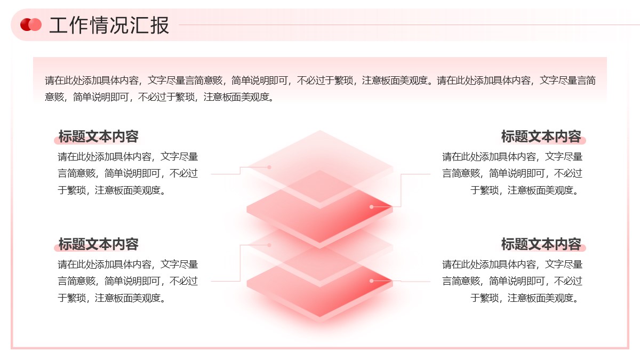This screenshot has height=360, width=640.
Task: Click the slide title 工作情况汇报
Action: click(109, 25)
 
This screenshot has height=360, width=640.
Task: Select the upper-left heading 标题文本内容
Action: click(99, 137)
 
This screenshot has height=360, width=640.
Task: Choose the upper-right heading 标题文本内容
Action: click(541, 137)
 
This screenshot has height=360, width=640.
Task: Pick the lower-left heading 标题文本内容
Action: click(99, 244)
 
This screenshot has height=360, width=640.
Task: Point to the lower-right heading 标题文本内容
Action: click(541, 244)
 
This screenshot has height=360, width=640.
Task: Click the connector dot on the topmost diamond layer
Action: click(269, 167)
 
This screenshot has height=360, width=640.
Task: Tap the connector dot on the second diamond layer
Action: click(371, 206)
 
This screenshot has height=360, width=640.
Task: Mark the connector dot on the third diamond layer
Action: click(269, 245)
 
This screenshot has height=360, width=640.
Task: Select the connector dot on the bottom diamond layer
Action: click(371, 281)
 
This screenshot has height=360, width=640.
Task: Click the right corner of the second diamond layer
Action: click(393, 207)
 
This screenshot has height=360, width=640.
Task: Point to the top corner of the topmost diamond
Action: click(319, 131)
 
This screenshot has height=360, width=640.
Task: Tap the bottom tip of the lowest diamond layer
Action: click(319, 317)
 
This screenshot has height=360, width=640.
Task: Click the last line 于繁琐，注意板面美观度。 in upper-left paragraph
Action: click(111, 190)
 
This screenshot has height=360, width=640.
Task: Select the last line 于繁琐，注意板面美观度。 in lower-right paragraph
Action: click(525, 298)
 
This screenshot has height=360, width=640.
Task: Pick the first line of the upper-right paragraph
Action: click(512, 157)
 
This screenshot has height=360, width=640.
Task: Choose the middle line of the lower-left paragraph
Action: click(127, 281)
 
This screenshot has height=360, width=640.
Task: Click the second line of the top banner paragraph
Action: click(159, 97)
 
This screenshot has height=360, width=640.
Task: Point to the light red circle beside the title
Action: click(35, 25)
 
